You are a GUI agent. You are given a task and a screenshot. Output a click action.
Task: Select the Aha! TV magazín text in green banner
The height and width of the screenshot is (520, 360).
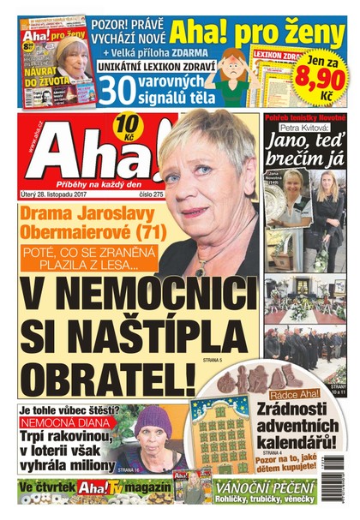116,489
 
